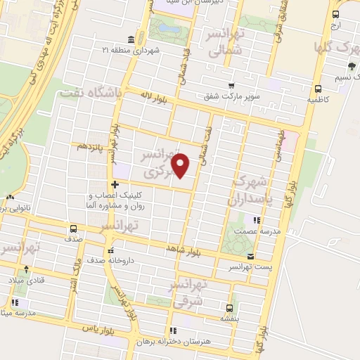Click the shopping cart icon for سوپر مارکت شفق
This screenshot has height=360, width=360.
230,85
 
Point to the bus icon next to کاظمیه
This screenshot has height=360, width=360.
318,89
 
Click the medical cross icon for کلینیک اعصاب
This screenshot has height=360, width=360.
115,184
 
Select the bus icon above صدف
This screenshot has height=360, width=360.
72,228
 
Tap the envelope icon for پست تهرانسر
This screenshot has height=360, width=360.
251,257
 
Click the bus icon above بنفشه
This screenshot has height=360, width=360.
229,307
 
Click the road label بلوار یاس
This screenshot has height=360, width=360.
98,328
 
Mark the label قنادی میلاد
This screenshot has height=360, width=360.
27,279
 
